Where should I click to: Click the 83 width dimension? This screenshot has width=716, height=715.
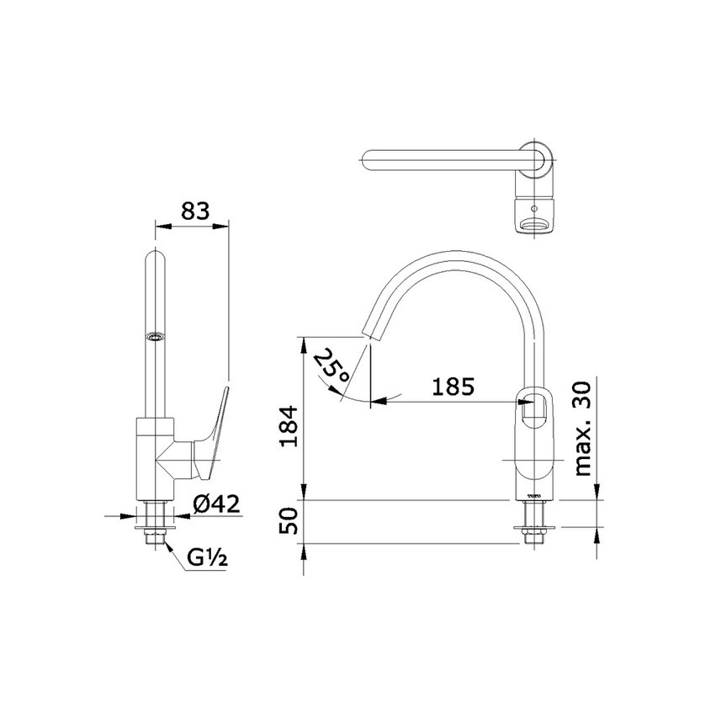[194, 211]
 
